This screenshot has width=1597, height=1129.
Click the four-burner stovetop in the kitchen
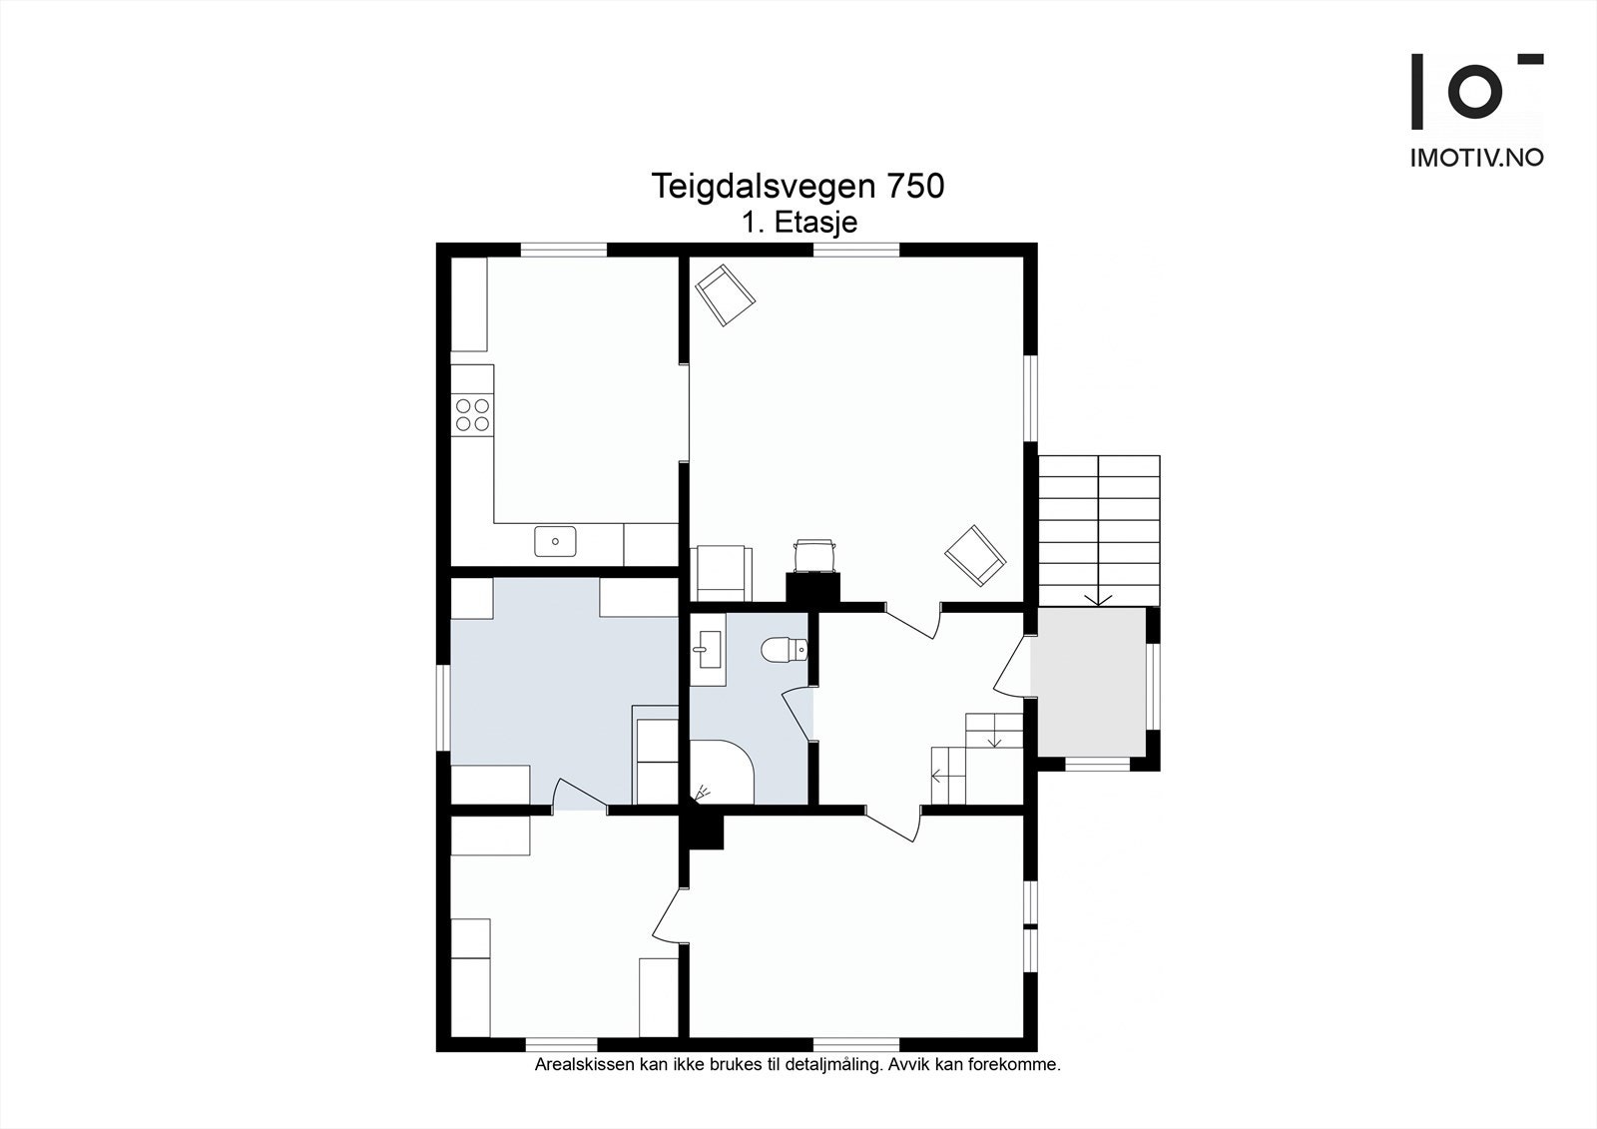click(472, 414)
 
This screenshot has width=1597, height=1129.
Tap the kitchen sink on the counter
click(555, 542)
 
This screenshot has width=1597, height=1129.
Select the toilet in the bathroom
click(783, 651)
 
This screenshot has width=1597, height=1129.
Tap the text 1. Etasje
click(798, 222)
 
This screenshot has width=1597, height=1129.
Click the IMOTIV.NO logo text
click(1476, 158)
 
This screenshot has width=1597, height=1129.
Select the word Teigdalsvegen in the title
click(764, 186)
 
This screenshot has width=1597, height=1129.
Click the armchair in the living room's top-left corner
click(725, 293)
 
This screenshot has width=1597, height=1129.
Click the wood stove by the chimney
click(813, 555)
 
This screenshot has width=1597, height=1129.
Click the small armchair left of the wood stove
click(720, 573)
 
